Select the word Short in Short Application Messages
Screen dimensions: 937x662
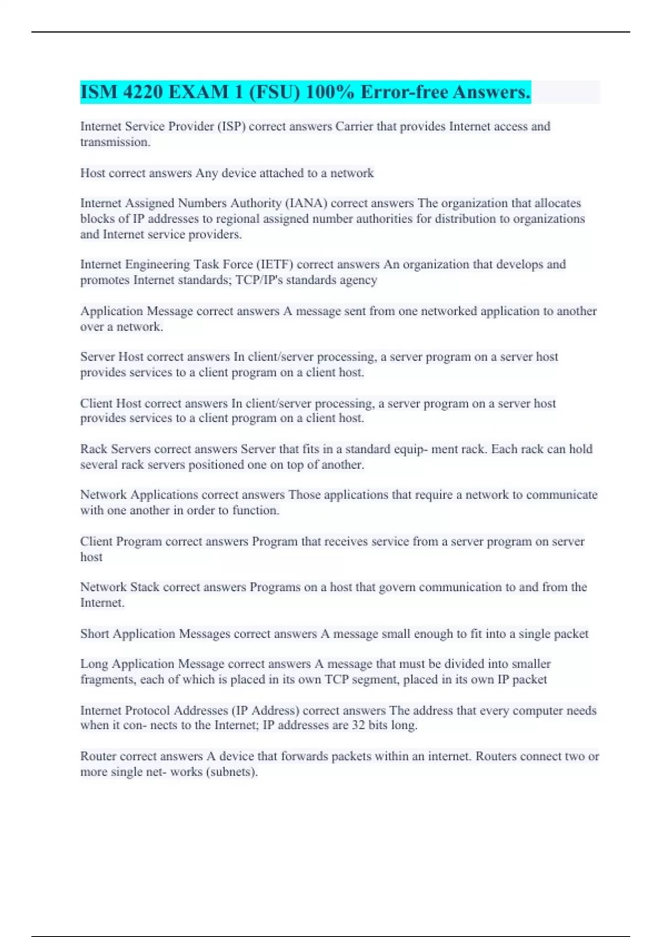click(x=94, y=634)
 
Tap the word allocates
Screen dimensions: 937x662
click(x=557, y=203)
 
